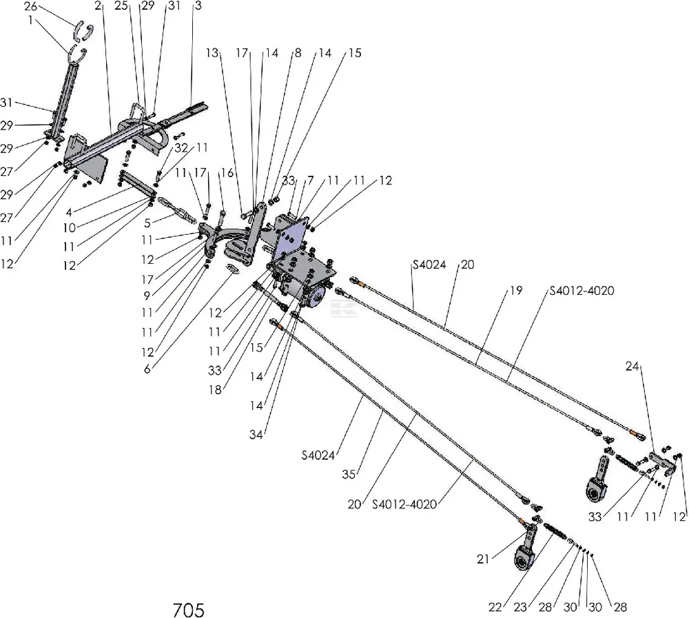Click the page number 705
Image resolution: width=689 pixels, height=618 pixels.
pos(188,609)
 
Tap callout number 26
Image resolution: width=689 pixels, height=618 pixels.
pos(31,6)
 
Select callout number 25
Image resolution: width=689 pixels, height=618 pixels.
pos(121,6)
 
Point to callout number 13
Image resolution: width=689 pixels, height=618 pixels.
pos(211,52)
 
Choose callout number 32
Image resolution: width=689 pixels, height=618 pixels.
pos(181,147)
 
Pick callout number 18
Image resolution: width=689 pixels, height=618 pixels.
pos(216,389)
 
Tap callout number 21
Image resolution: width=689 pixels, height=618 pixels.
pos(482,559)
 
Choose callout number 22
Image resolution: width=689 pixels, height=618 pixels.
pos(495,606)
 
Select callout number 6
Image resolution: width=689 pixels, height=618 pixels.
pos(147,369)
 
